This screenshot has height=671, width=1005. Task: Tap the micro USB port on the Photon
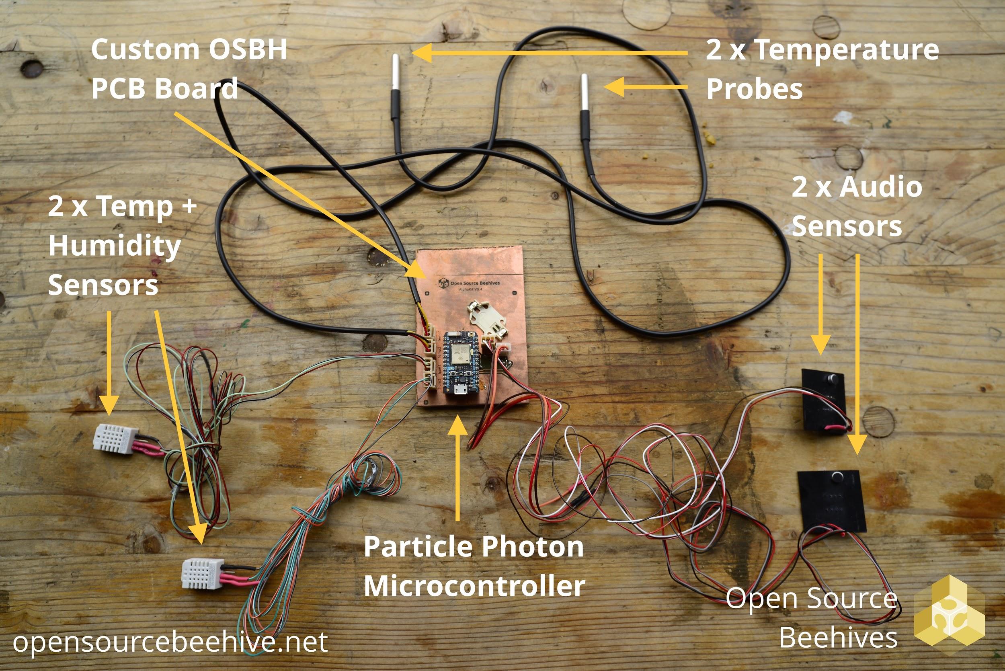click(461, 390)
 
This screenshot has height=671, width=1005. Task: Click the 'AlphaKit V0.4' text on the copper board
click(470, 289)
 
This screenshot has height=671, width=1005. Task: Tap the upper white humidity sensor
click(116, 439)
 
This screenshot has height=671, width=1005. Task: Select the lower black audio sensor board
click(831, 501)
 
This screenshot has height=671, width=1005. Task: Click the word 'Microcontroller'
click(474, 586)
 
